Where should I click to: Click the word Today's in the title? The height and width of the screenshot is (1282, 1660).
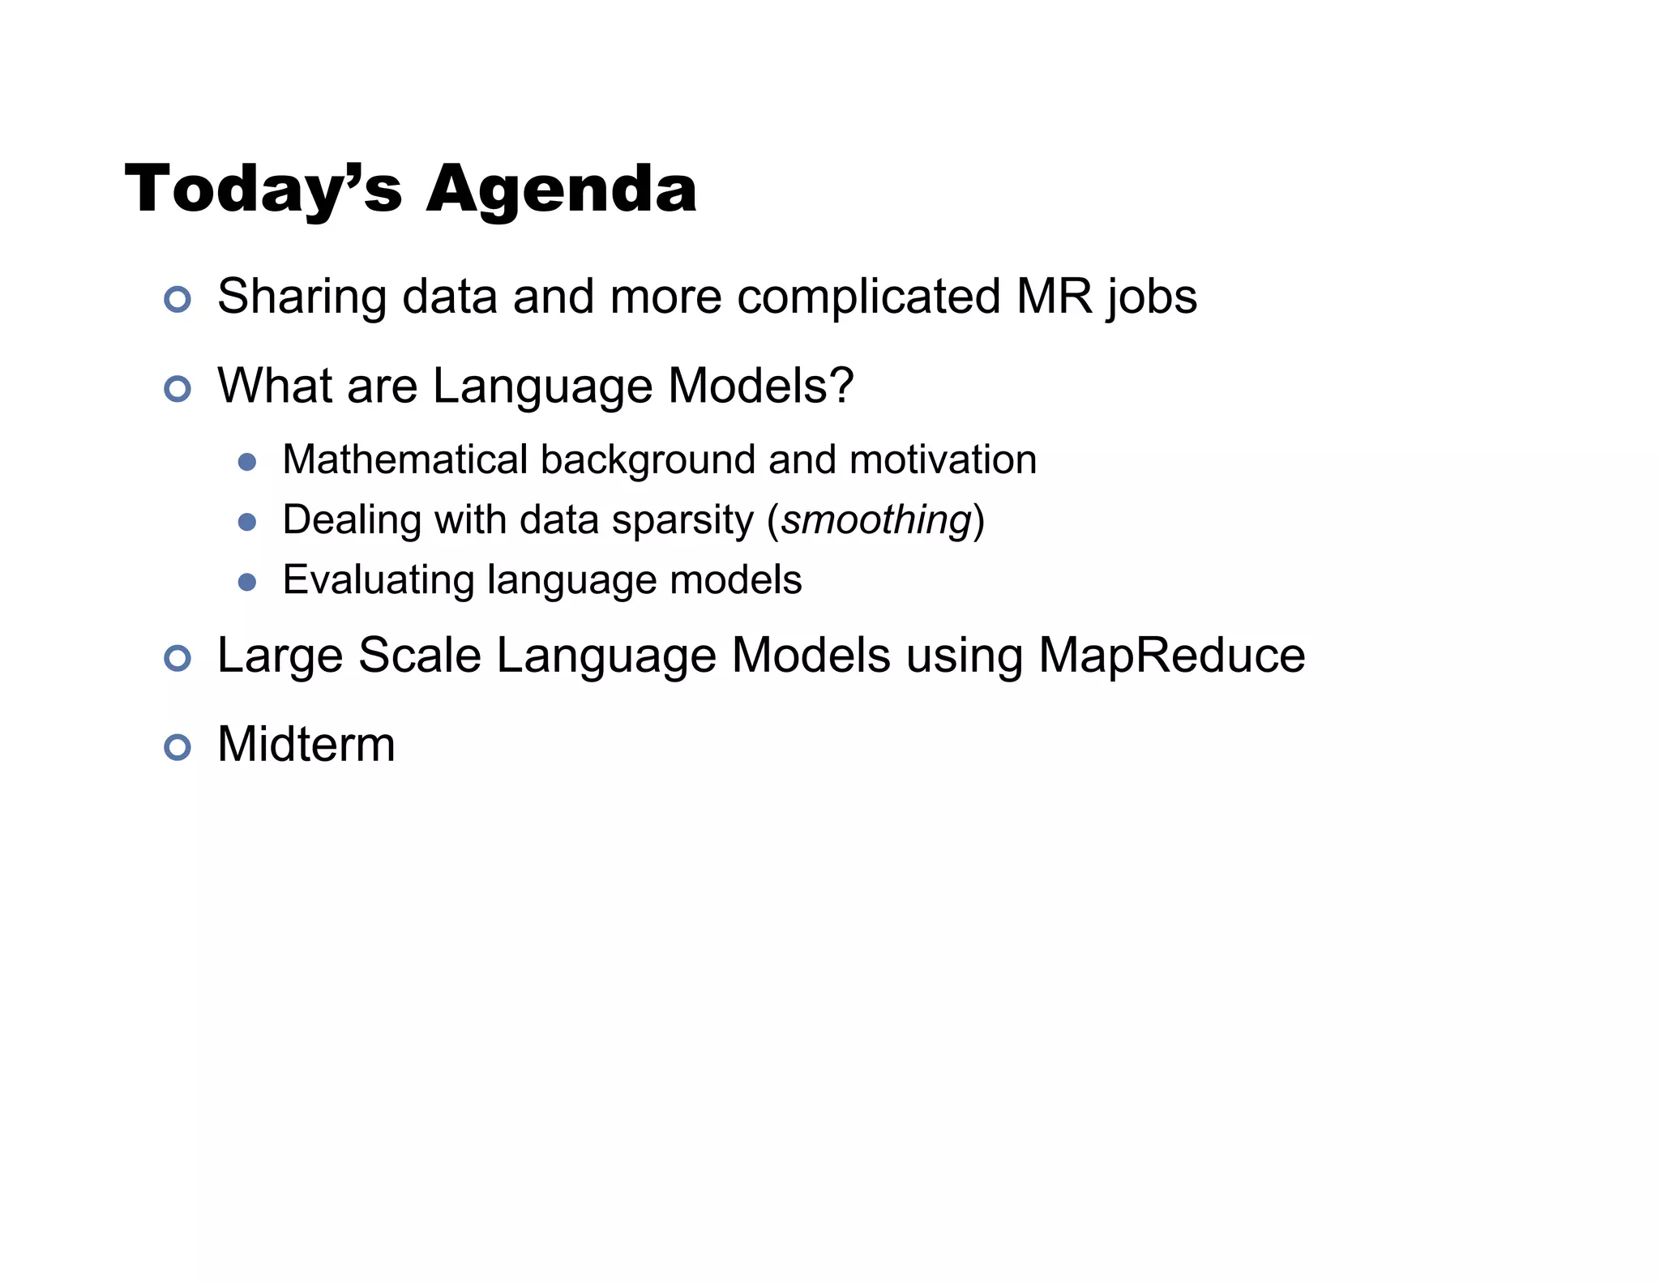click(x=263, y=190)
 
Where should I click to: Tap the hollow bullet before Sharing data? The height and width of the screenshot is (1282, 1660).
click(x=177, y=300)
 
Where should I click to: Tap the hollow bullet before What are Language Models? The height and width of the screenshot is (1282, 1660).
click(x=177, y=389)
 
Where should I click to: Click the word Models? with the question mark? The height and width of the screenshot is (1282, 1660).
click(x=761, y=386)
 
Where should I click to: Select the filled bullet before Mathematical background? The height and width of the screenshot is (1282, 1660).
click(x=247, y=463)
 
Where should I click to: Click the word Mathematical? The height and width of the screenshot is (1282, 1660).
click(x=404, y=459)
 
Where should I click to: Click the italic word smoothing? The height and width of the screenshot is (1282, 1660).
click(x=875, y=520)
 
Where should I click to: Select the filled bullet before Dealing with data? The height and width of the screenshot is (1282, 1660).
click(x=247, y=523)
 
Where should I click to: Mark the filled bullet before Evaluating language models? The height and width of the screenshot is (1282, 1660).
click(x=247, y=583)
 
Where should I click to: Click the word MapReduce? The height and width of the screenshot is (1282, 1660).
click(x=1171, y=656)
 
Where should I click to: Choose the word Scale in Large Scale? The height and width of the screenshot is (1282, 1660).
click(x=419, y=656)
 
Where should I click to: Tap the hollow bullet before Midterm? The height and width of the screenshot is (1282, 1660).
click(x=177, y=747)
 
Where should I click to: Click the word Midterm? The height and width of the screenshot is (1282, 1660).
click(x=306, y=745)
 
